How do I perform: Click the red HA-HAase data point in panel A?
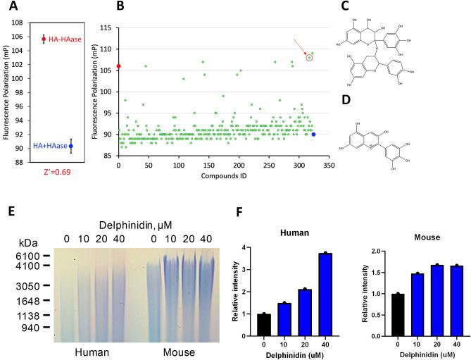pos(44,39)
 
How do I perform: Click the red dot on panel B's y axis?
pos(118,66)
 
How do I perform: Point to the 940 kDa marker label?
pos(29,327)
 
